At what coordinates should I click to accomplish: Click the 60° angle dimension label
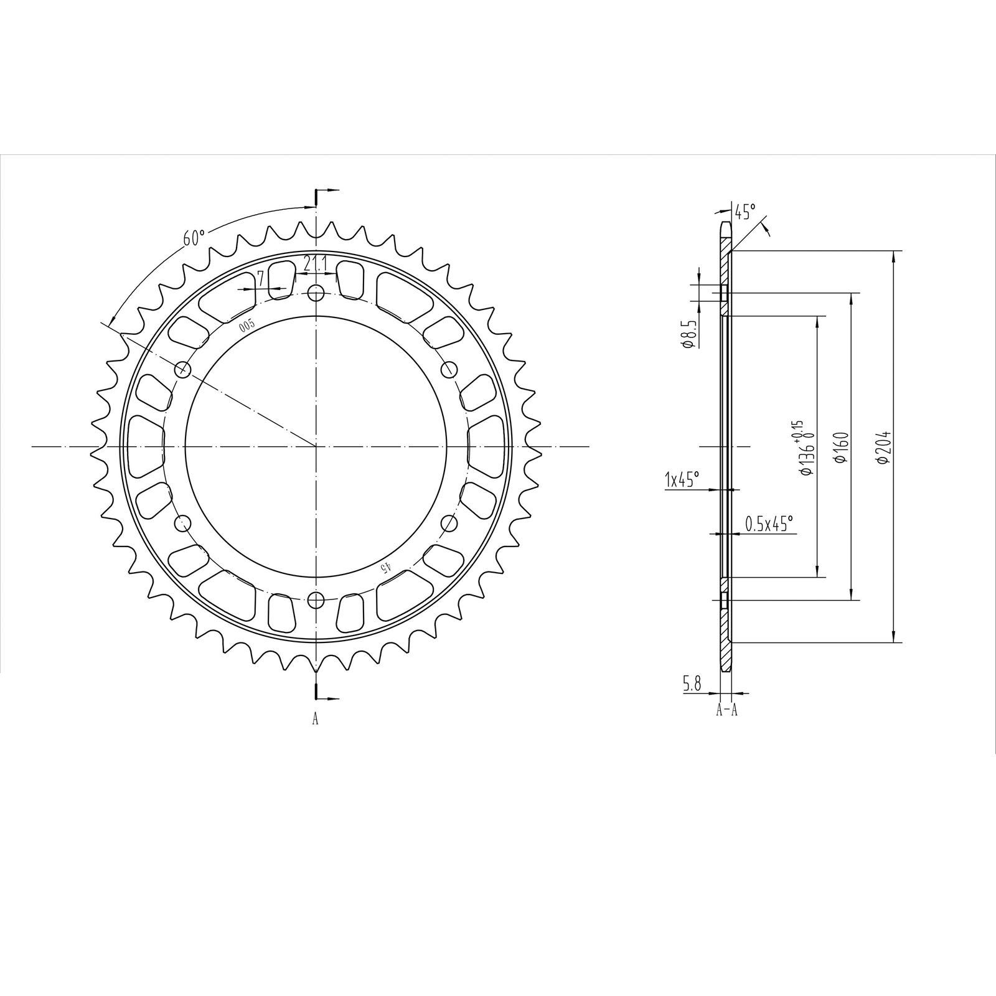[194, 237]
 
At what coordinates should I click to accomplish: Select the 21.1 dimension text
[316, 264]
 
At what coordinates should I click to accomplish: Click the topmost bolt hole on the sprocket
[316, 292]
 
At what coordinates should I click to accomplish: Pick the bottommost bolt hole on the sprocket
[316, 600]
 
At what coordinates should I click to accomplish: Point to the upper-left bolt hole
[182, 369]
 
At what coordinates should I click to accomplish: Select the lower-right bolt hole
[449, 523]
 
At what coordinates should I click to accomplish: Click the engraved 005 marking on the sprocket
[247, 324]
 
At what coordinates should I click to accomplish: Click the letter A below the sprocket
[316, 720]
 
